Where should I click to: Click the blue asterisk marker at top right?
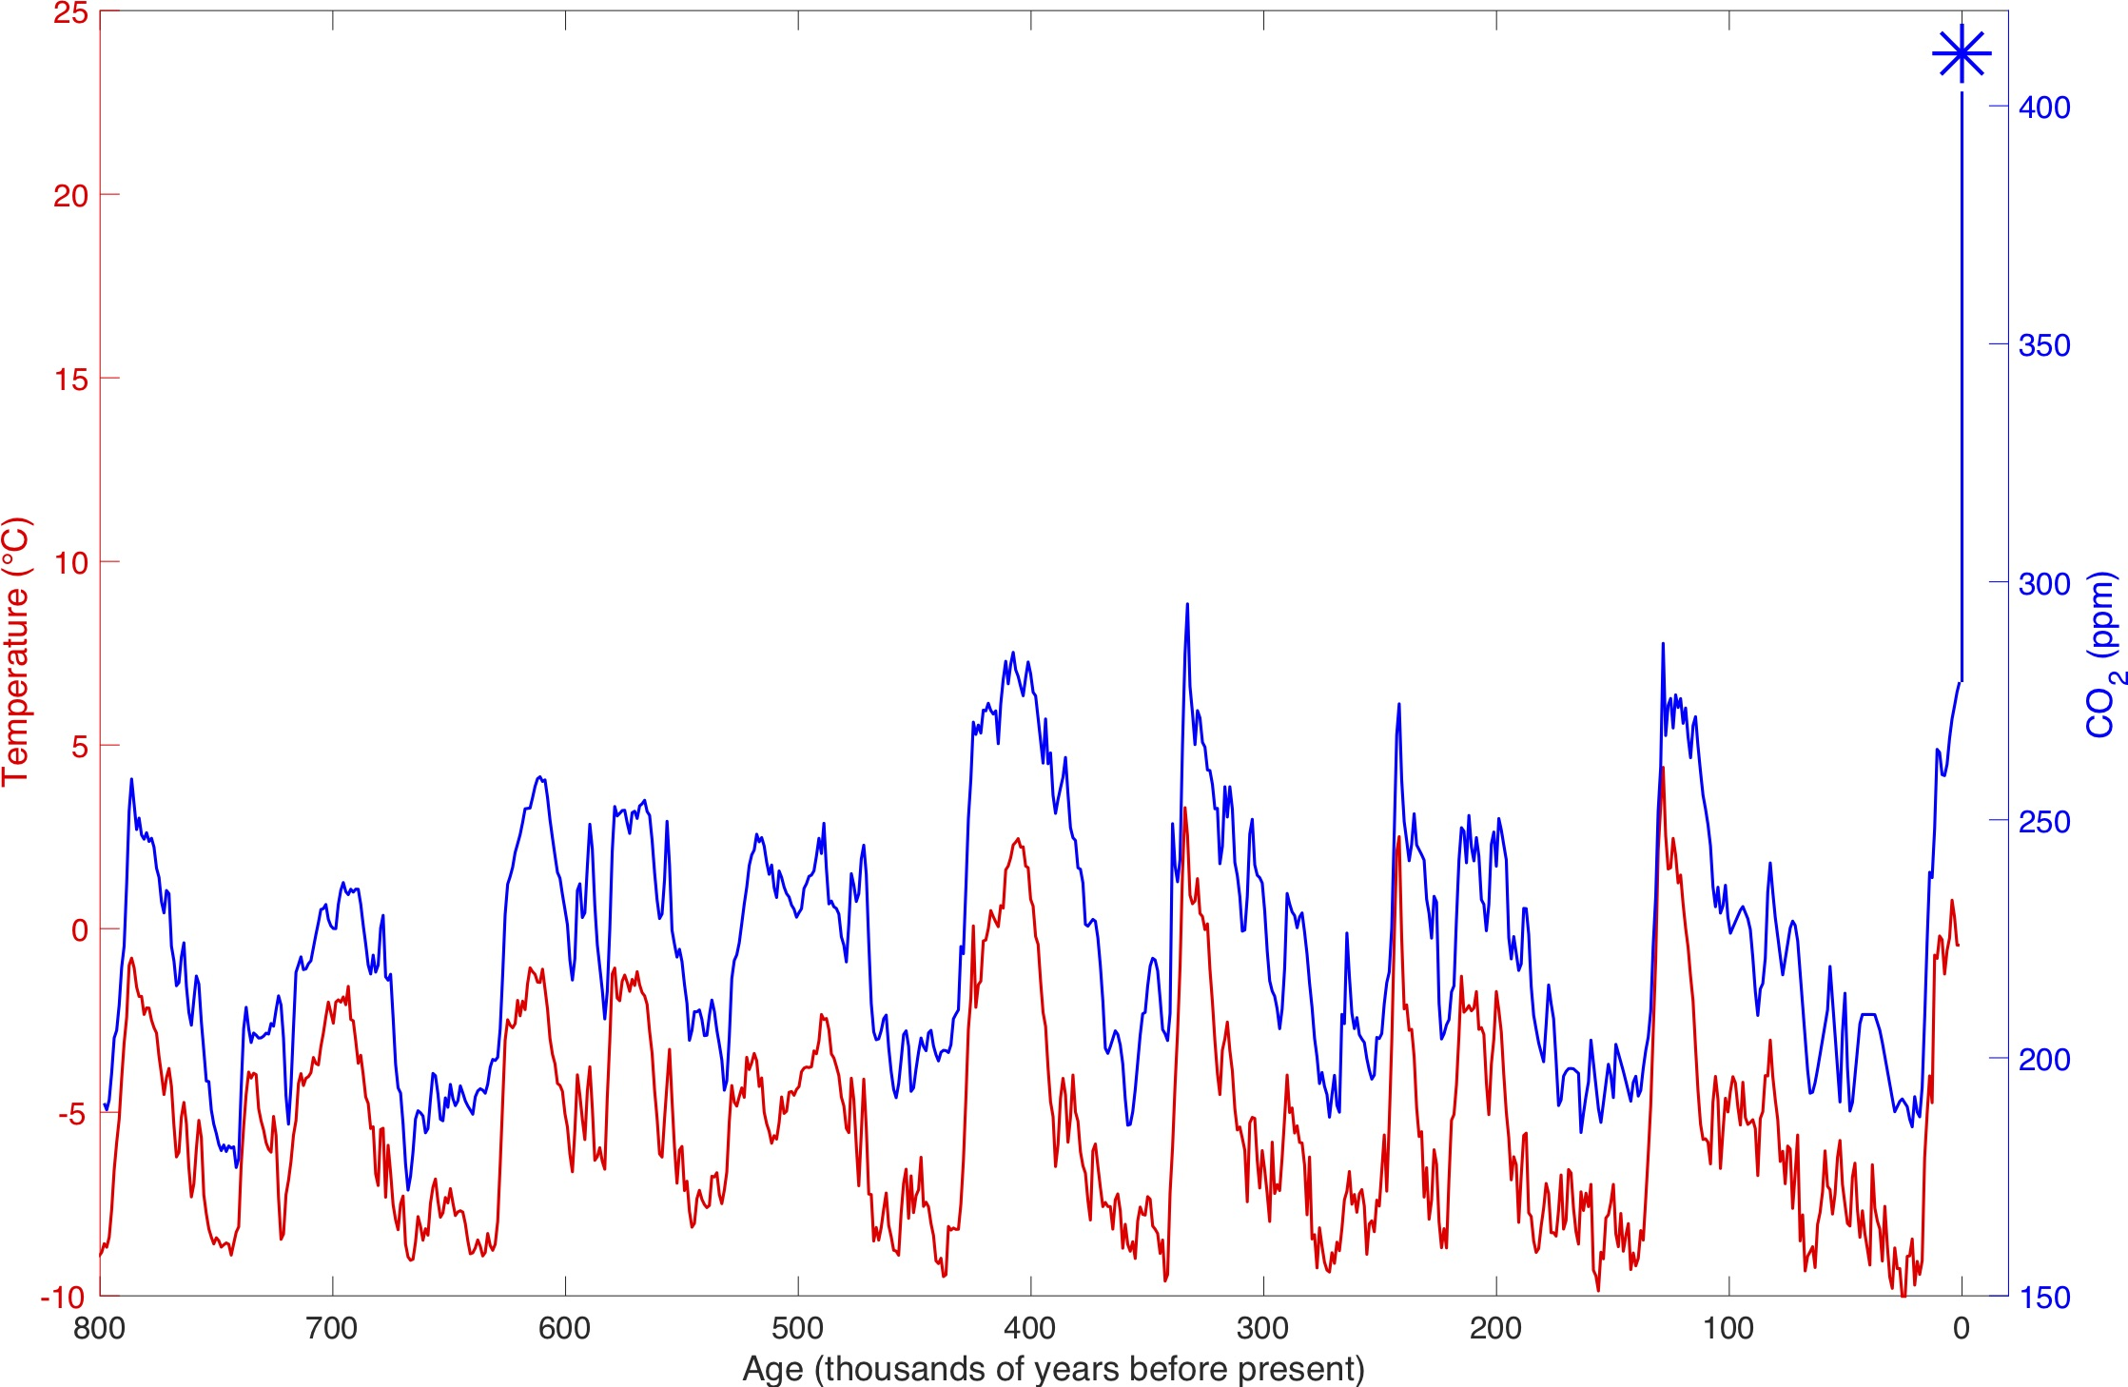1961,54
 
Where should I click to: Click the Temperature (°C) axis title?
16,652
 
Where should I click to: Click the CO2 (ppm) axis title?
2103,654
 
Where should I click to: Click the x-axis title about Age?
1053,1368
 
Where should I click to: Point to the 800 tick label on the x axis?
100,1328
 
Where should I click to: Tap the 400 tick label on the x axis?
1030,1328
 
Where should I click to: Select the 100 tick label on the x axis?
1728,1328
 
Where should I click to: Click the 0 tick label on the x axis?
1961,1328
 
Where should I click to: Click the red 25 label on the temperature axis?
70,14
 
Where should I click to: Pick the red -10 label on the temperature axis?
63,1298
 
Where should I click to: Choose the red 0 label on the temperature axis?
80,930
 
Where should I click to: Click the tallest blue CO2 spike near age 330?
1187,605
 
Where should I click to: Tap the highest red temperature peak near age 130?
1662,769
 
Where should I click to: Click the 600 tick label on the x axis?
565,1328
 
